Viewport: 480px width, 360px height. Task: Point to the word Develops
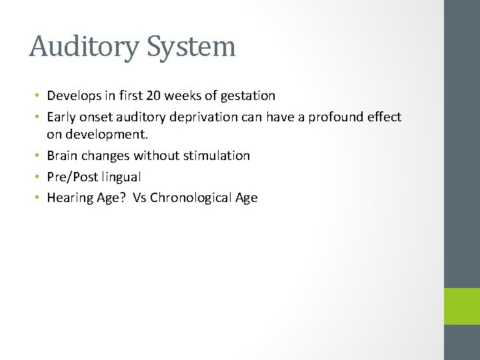(x=73, y=95)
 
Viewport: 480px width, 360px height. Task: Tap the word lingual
(x=122, y=177)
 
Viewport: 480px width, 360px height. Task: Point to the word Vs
(x=140, y=198)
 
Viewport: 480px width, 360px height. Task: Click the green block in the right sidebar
(x=461, y=306)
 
